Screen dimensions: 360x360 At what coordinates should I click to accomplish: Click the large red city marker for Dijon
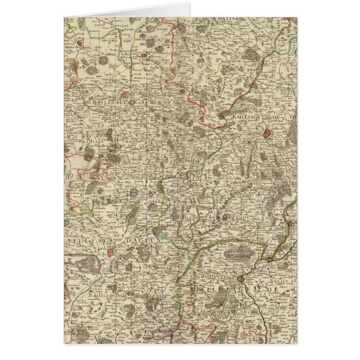pos(268,134)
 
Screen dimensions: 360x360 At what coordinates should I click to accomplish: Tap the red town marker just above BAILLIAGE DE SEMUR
pos(145,55)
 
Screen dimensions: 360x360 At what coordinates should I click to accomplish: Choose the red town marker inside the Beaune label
pos(225,217)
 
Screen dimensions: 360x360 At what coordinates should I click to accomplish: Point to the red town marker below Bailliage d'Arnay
pos(153,196)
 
